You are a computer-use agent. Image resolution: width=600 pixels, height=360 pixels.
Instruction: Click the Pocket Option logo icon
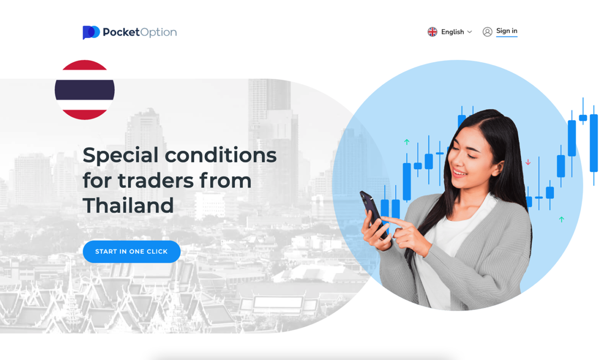(x=91, y=32)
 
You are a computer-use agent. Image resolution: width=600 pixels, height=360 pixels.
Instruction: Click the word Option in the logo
(x=158, y=32)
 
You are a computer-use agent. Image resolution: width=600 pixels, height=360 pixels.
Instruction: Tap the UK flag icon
(x=432, y=31)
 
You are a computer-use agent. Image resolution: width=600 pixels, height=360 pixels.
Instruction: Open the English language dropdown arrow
(x=470, y=32)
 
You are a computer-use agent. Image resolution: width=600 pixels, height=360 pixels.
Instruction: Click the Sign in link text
(x=507, y=31)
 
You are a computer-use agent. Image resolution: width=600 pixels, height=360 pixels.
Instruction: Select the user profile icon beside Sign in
(x=487, y=31)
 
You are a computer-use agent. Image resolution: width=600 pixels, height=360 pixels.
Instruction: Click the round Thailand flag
(x=85, y=90)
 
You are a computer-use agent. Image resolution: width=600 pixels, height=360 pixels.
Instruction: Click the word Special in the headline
(x=120, y=155)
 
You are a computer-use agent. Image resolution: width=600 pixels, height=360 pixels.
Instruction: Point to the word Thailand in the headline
(x=128, y=206)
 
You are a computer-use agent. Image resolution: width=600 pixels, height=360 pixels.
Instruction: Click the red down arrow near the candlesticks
(x=528, y=162)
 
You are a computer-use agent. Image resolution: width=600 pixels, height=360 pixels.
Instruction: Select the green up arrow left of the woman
(x=407, y=142)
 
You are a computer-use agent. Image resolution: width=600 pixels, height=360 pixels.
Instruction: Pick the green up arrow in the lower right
(x=562, y=219)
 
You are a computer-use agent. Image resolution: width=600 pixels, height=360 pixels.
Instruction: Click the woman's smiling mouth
(x=459, y=173)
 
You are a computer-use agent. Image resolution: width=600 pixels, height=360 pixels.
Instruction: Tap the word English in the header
(x=452, y=32)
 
